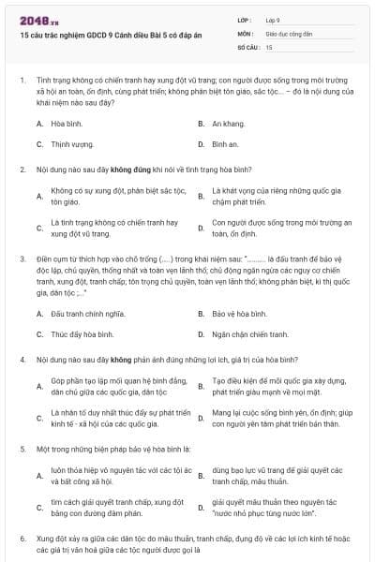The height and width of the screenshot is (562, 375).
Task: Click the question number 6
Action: tap(22, 539)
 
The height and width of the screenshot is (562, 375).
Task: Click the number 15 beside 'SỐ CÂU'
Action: tap(269, 46)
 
